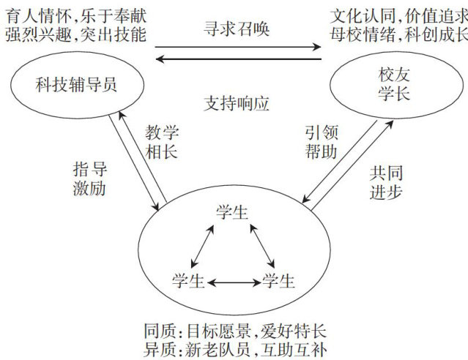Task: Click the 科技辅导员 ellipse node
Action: [76, 87]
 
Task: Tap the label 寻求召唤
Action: [237, 29]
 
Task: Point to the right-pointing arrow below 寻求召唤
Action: [238, 48]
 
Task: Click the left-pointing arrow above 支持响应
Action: [238, 61]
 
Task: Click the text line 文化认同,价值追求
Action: [396, 14]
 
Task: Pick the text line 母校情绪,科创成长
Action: [396, 35]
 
